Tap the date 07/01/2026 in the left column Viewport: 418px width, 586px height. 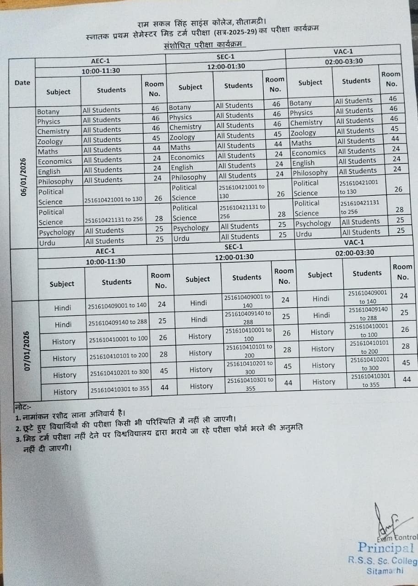tap(27, 351)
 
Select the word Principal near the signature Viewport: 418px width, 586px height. tap(386, 548)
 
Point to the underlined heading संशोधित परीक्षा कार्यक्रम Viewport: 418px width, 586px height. tap(204, 46)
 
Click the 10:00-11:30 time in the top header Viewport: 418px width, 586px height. tap(101, 71)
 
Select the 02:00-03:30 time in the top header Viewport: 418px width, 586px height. tap(344, 61)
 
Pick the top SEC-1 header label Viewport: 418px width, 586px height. tap(225, 56)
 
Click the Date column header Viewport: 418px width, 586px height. tap(22, 83)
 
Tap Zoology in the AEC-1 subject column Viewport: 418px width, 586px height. tap(50, 141)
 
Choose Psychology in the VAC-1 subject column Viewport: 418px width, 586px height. tap(313, 223)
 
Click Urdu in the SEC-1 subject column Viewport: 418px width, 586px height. tap(181, 239)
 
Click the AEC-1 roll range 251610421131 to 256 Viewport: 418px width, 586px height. tap(114, 219)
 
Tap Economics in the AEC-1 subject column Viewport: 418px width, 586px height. tap(55, 161)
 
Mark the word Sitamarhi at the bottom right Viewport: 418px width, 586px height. tap(385, 570)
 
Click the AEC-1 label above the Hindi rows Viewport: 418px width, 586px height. tap(105, 251)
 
